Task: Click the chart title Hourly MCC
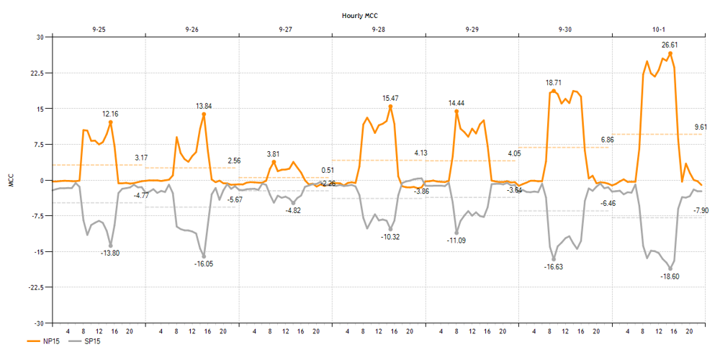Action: click(360, 14)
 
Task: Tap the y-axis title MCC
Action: click(10, 180)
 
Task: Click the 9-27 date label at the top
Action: click(285, 30)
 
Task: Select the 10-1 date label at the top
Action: click(659, 30)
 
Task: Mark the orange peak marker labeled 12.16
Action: click(111, 122)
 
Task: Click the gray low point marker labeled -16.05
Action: click(204, 256)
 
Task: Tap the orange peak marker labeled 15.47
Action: click(390, 107)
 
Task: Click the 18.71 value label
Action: click(554, 83)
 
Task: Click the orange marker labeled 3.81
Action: click(274, 162)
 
